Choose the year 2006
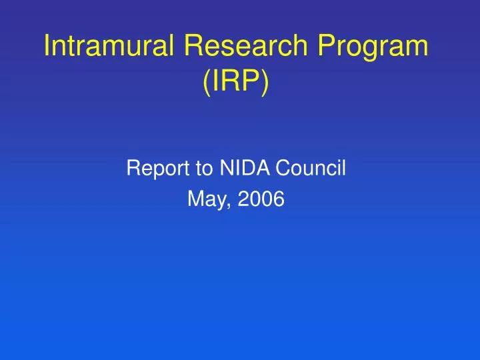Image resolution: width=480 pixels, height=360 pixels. [x=262, y=199]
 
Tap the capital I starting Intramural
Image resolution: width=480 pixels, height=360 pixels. [x=47, y=46]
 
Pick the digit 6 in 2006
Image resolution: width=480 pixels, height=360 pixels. [x=279, y=199]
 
